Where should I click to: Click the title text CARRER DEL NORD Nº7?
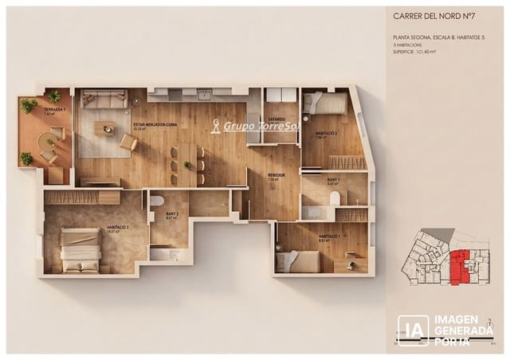coord(435,15)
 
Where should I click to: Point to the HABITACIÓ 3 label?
coord(118,229)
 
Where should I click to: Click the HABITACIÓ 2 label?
coord(326,133)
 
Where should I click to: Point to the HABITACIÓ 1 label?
coord(330,237)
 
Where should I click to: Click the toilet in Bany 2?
coord(157,202)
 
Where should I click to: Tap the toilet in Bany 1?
coord(335,198)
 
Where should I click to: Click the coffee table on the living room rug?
coord(104,127)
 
